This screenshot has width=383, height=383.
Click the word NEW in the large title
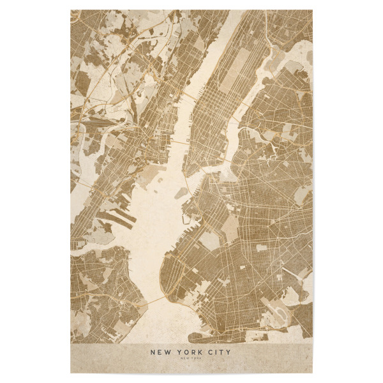[160, 351]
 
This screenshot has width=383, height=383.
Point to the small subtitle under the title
[191, 360]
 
